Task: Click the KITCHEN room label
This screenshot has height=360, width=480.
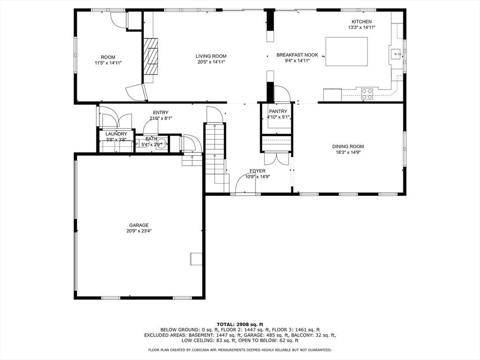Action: (361, 22)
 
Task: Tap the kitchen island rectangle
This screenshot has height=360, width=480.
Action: (346, 52)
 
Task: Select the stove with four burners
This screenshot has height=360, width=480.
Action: (367, 94)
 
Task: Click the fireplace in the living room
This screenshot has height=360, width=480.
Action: (151, 56)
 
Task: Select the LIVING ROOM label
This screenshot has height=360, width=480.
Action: (211, 56)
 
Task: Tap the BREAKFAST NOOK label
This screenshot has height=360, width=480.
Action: (297, 55)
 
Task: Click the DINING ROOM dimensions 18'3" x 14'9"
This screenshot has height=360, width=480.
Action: (348, 152)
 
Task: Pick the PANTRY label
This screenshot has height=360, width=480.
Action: (278, 111)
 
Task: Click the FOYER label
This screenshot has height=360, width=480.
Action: (257, 171)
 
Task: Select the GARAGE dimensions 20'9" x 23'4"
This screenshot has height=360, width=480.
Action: (139, 231)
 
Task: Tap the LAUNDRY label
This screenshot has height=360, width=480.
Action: (116, 134)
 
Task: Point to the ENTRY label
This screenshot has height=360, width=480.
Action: (160, 112)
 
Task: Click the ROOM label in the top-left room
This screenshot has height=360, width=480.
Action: (108, 57)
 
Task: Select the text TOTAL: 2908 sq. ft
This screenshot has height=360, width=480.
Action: (240, 324)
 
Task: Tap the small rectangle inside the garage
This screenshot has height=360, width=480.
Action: (195, 259)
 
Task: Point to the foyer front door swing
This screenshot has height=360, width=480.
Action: (245, 184)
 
